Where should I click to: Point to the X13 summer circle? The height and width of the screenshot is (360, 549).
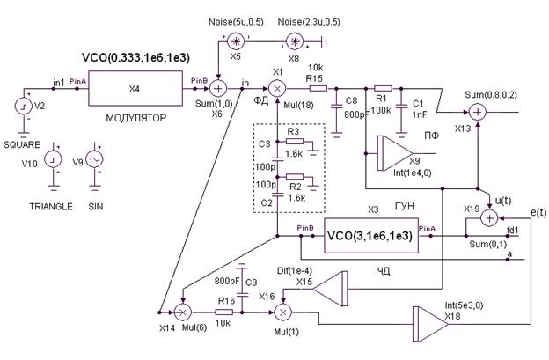point(478,113)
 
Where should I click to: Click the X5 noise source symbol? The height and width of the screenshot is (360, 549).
point(235,41)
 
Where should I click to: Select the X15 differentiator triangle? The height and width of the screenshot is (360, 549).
point(330,287)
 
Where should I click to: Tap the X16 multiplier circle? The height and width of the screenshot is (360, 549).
point(284,312)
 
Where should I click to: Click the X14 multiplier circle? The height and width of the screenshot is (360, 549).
point(183,312)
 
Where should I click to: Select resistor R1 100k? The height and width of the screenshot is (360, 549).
point(383,88)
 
